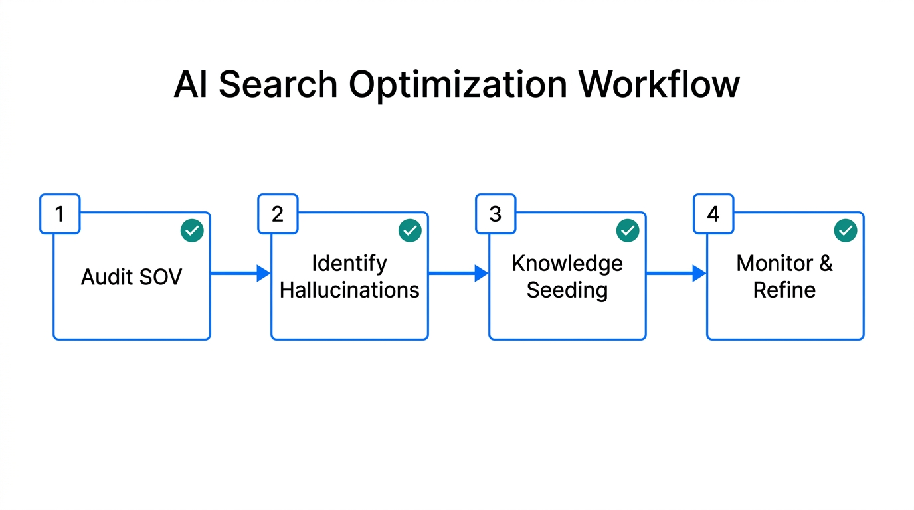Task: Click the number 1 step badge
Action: (60, 214)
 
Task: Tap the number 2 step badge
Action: (278, 214)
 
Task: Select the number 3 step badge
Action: (496, 214)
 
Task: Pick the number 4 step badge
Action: (713, 214)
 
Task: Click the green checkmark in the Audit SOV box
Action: (192, 231)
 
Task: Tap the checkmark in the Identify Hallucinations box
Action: (410, 231)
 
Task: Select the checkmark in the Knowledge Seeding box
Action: (628, 231)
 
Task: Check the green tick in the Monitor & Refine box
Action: (846, 231)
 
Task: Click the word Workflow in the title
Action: (659, 85)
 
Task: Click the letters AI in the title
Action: (190, 85)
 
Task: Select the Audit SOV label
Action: (132, 276)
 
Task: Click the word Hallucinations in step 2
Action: (349, 290)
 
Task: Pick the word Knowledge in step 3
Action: (567, 264)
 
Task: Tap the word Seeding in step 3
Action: (567, 290)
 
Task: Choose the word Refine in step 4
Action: (784, 290)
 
